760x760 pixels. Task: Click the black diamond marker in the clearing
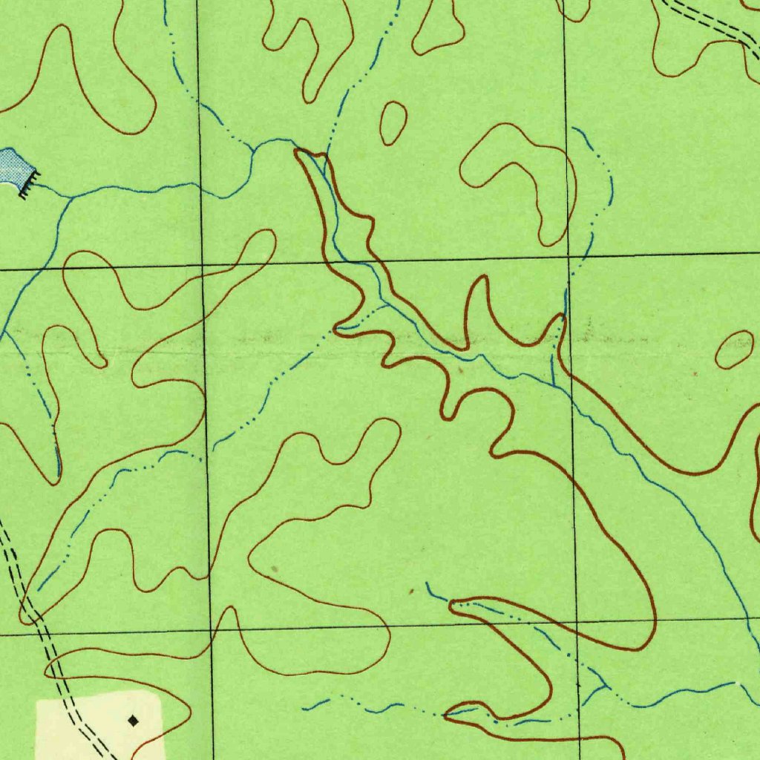pyautogui.click(x=133, y=720)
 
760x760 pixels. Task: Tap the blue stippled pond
pyautogui.click(x=10, y=166)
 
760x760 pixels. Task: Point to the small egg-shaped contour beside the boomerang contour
pyautogui.click(x=393, y=122)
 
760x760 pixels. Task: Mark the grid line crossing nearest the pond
pyautogui.click(x=202, y=265)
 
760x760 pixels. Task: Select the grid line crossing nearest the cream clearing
pyautogui.click(x=211, y=632)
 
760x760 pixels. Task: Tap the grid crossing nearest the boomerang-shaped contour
pyautogui.click(x=569, y=257)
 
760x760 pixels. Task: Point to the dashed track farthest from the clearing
pyautogui.click(x=712, y=22)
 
